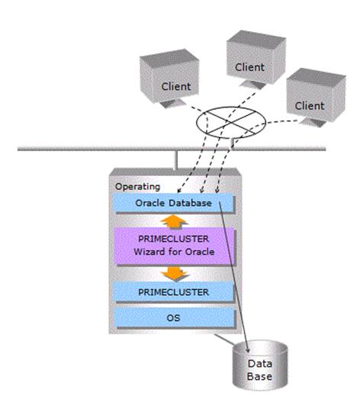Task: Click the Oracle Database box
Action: pos(175,204)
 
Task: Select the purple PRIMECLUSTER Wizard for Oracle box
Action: pos(175,246)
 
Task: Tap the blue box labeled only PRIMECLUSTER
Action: pos(175,292)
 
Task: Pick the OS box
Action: pos(175,318)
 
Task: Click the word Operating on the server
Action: pos(137,187)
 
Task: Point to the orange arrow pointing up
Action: pos(174,222)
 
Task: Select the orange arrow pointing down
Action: pos(175,274)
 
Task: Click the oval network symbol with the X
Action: pos(231,123)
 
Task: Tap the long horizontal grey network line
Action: pos(172,149)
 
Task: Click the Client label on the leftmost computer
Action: pos(176,87)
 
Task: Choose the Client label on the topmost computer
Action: pos(249,68)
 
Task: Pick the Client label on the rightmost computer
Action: pos(310,106)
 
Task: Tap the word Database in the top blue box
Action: pos(190,203)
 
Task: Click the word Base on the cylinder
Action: pos(259,377)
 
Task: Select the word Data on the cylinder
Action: pos(260,364)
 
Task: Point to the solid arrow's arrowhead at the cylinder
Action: pos(248,351)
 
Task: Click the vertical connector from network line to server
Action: pos(175,160)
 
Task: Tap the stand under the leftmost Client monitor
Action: pos(172,104)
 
